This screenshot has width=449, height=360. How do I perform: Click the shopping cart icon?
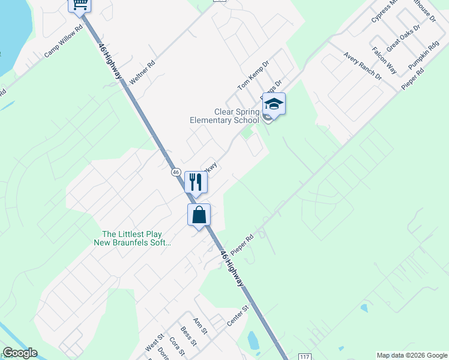point(80,5)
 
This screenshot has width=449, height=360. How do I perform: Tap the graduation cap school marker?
point(274,104)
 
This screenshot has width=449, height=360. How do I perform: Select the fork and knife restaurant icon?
point(196,181)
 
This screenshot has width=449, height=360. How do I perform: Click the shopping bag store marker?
point(199,215)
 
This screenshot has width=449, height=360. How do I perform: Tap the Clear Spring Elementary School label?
point(224,116)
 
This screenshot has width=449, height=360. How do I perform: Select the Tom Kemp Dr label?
point(253,75)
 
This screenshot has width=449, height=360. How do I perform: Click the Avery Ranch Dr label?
point(363,66)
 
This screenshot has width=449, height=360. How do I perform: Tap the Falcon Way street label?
point(384,61)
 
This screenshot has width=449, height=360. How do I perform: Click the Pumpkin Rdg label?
point(424,55)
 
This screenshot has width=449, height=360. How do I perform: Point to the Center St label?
point(237,317)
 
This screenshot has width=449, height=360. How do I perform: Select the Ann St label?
point(200,326)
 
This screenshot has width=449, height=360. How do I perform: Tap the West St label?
point(154,344)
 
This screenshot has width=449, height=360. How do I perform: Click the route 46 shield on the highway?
point(175,172)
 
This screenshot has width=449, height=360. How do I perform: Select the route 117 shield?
point(305,356)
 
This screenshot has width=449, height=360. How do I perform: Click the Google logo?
point(20,353)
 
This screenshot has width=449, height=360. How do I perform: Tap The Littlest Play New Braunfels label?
point(133,238)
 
